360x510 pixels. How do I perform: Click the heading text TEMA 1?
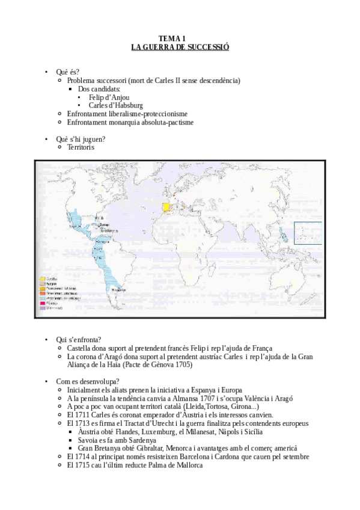(180, 38)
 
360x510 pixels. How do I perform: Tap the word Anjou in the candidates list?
(119, 97)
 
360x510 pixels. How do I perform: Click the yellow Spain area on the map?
(166, 206)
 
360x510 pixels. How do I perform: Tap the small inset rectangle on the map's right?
(307, 233)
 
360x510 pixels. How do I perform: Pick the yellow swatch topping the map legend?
(43, 279)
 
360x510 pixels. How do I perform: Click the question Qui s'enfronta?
(79, 339)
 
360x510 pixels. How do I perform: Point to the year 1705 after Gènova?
(183, 364)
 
